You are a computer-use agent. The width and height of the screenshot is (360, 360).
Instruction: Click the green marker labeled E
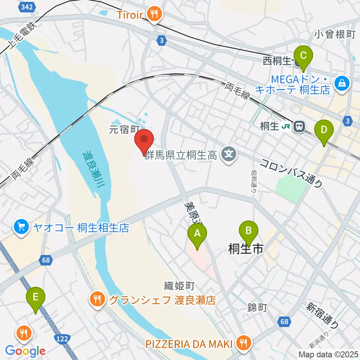[x=36, y=299]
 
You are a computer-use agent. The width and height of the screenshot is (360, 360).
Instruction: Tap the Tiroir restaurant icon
[x=154, y=14]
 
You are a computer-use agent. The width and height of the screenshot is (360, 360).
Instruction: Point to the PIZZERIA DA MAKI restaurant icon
[x=244, y=342]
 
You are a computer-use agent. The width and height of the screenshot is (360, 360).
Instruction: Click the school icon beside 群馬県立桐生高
[x=229, y=154]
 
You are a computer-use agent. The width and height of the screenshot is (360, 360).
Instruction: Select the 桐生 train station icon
[x=299, y=127]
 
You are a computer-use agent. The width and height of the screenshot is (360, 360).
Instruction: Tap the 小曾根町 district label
[x=334, y=34]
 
